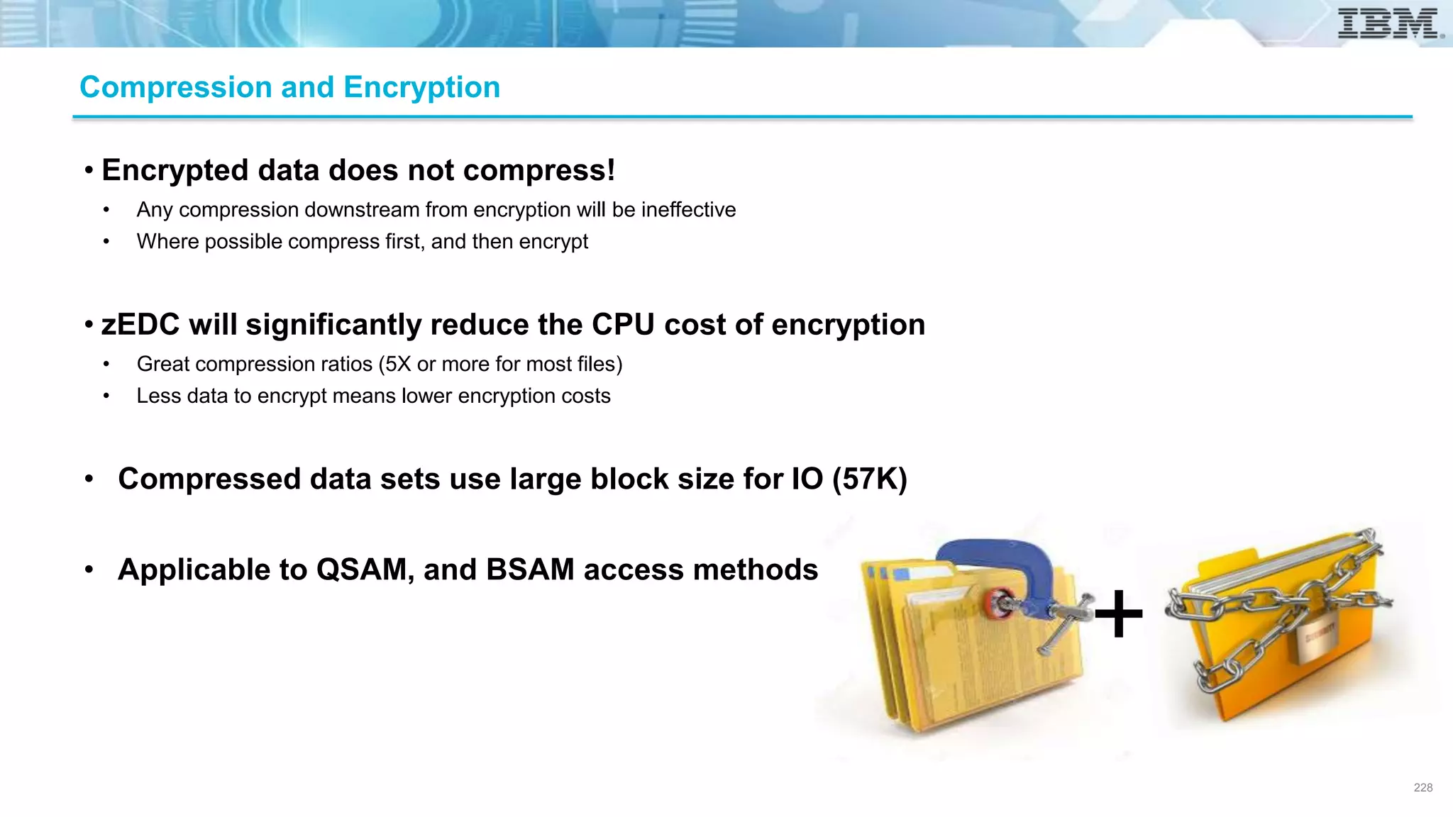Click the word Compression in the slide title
[x=176, y=87]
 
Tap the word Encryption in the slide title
[x=421, y=87]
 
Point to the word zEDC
[x=140, y=325]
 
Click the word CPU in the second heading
[x=623, y=325]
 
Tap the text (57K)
[x=869, y=479]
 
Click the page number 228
[x=1422, y=787]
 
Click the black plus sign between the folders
[x=1119, y=613]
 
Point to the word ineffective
[x=688, y=210]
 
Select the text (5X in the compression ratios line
[x=394, y=364]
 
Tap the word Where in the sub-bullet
[x=167, y=242]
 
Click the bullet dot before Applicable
[x=89, y=569]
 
